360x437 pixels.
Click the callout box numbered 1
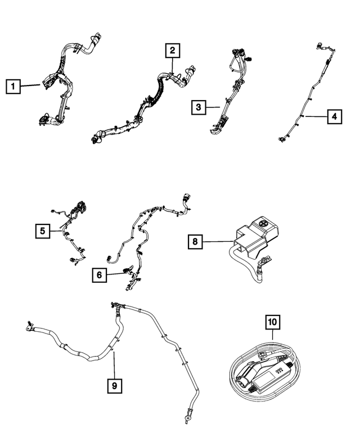13,86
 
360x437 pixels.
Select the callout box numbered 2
173,51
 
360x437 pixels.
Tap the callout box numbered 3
199,107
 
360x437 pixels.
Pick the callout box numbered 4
334,116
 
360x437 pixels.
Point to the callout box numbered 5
43,231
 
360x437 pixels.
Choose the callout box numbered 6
100,275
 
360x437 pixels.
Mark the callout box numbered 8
195,241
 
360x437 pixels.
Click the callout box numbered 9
115,386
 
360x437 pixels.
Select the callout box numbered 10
272,322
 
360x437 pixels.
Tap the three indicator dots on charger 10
279,370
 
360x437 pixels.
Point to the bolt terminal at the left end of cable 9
29,326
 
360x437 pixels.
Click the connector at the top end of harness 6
186,199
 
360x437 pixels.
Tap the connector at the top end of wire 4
319,46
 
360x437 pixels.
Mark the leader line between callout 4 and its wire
316,116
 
